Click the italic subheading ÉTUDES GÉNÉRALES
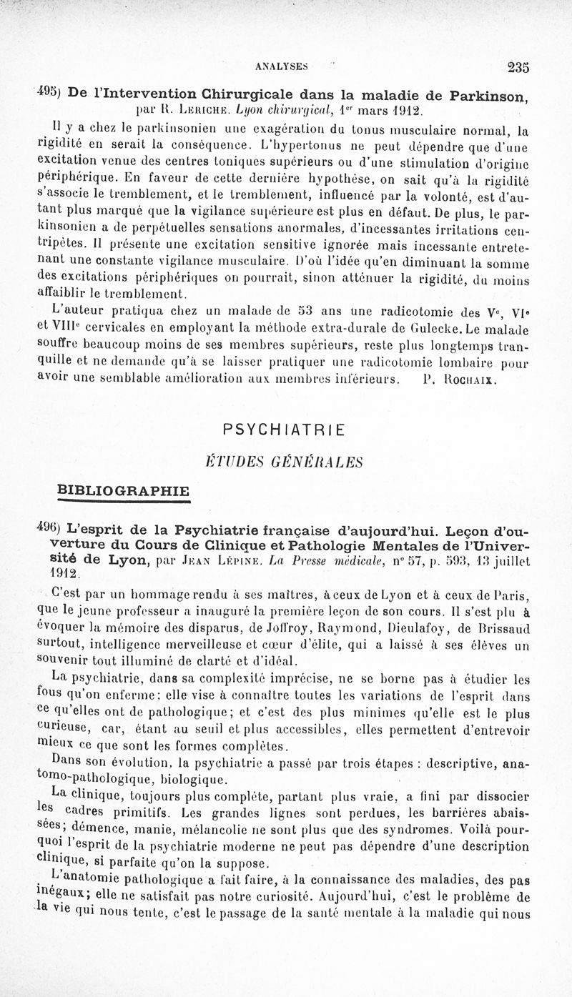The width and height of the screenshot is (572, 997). (284, 462)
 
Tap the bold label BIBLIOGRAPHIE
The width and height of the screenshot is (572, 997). (123, 490)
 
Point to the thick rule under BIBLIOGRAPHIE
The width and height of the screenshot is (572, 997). (123, 502)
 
